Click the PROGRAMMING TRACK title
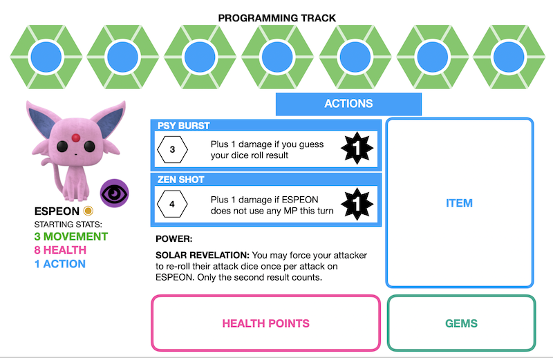(x=277, y=17)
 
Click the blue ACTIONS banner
(x=348, y=104)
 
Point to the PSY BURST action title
(x=184, y=126)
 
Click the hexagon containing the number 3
(x=173, y=149)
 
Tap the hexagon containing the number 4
(x=173, y=204)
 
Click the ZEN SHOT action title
(x=181, y=180)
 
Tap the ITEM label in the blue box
(x=459, y=203)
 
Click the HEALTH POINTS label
(x=265, y=323)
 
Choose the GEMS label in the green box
(x=461, y=323)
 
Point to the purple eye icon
(x=114, y=192)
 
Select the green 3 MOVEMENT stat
(x=71, y=237)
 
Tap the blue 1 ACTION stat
(x=59, y=264)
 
